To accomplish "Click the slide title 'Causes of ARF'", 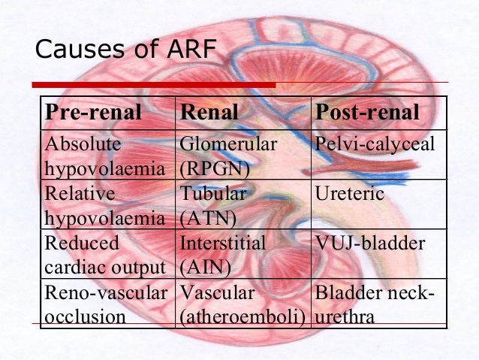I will click(125, 50).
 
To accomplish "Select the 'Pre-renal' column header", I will click(94, 113).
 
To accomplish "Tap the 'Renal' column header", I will click(209, 113).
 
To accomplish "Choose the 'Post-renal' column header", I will click(367, 113).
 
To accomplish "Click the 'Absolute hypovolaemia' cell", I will click(104, 156).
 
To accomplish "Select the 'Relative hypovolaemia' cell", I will click(104, 205).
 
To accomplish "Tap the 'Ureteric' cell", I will click(350, 194).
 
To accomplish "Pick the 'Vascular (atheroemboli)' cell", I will click(243, 304).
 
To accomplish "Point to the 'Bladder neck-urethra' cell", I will click(375, 304).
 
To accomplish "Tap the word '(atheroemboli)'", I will click(243, 316).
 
